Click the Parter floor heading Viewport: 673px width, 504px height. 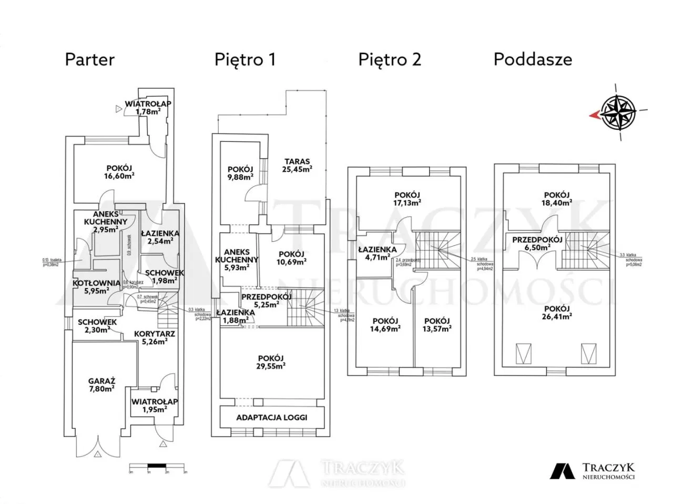pos(89,59)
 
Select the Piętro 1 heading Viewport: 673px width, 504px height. pos(244,59)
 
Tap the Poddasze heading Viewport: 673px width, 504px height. pos(532,59)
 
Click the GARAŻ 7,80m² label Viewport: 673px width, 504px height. pos(102,385)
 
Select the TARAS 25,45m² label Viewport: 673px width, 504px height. pos(297,165)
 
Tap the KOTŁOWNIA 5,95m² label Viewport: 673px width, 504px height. pos(96,286)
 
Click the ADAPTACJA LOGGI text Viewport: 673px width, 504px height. pos(271,417)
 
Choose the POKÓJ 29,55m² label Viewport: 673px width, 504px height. pos(271,362)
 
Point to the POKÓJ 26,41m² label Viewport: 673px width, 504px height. pos(557,313)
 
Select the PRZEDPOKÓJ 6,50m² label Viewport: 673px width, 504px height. pos(537,243)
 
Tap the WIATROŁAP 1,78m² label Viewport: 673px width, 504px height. pos(148,107)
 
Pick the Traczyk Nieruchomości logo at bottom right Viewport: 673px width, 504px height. pos(593,470)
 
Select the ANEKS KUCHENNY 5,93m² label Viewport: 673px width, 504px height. pos(237,260)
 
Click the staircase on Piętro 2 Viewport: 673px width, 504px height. pos(437,251)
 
